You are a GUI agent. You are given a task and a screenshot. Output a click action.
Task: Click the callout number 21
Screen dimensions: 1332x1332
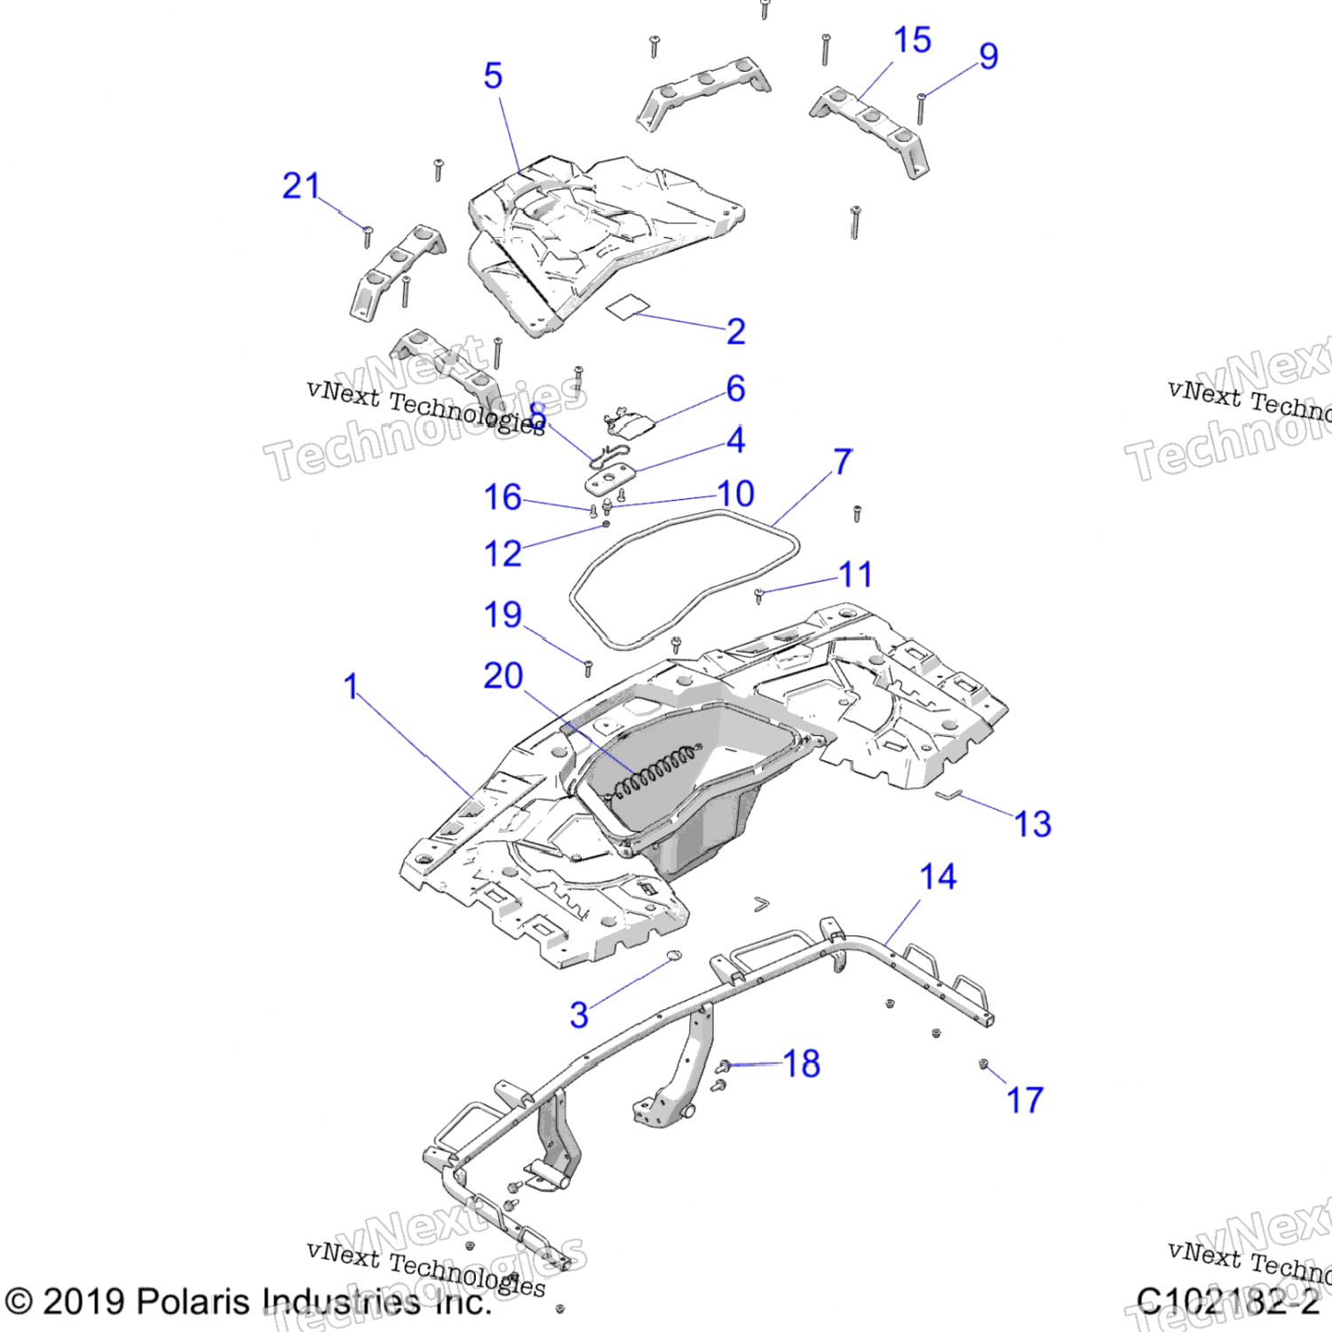(x=301, y=186)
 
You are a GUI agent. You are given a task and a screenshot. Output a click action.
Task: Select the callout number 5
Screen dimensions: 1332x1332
(x=493, y=76)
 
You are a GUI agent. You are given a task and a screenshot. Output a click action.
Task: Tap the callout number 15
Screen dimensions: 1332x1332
(x=912, y=40)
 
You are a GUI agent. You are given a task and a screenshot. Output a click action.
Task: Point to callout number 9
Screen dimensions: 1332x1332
(x=988, y=56)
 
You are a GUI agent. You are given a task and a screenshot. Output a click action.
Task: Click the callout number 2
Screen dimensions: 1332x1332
(x=735, y=332)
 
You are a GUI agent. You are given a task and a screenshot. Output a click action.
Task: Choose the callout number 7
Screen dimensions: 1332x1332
(x=843, y=462)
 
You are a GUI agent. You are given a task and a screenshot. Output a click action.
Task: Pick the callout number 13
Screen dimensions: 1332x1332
(x=1033, y=824)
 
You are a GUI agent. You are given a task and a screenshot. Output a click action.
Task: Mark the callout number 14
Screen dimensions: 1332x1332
(x=938, y=877)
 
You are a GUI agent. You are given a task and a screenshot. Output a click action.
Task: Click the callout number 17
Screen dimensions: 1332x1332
(x=1025, y=1100)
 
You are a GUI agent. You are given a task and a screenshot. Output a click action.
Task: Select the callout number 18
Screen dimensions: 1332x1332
(x=801, y=1064)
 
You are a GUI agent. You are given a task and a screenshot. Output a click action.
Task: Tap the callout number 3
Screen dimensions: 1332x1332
(x=579, y=1015)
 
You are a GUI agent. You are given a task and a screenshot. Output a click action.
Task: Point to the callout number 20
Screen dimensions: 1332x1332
(x=503, y=677)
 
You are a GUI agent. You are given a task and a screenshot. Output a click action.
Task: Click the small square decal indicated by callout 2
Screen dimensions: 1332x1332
(x=627, y=306)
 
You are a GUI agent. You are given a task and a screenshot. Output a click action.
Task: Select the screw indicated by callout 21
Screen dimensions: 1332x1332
(x=368, y=236)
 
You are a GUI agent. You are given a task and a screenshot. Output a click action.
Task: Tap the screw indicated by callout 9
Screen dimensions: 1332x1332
(x=922, y=107)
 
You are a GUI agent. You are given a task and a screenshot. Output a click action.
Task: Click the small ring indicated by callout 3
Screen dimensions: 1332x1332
(x=674, y=955)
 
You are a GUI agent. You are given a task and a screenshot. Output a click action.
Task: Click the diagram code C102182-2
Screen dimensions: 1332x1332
(x=1227, y=1302)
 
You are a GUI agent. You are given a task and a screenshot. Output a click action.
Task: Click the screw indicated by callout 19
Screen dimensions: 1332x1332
(x=588, y=668)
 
